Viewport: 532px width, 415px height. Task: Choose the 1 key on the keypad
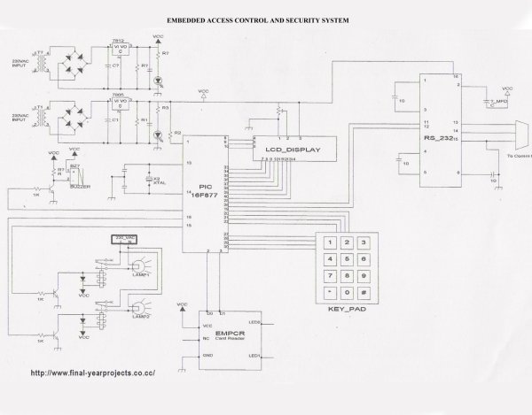(x=332, y=242)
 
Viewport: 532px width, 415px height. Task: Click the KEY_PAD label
(x=347, y=311)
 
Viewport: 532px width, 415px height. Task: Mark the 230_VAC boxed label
(x=125, y=239)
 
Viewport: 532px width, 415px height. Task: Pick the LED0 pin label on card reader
(x=253, y=322)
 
